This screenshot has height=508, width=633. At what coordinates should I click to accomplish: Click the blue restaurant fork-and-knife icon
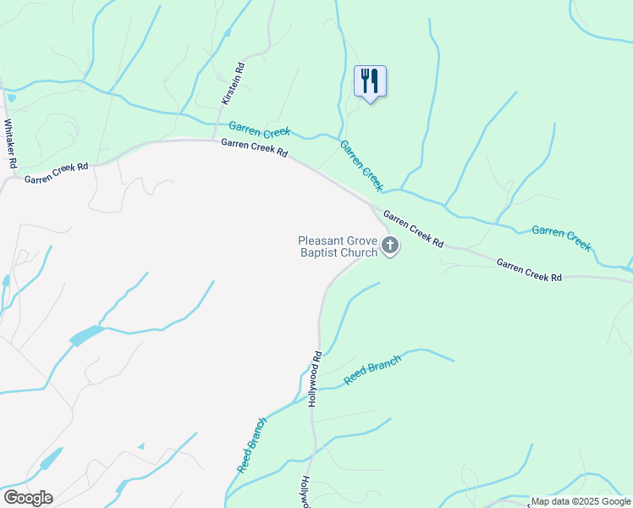pos(370,81)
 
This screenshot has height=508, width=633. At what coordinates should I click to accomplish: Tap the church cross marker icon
pos(390,246)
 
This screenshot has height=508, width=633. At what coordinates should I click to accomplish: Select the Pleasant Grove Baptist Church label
pos(338,246)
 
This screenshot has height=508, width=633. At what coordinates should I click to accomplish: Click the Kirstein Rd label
pos(233,84)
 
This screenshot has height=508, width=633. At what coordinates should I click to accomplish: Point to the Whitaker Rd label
pos(11,143)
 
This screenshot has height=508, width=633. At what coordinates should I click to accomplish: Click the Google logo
pos(28,498)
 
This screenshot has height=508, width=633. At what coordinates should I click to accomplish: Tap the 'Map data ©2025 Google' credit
pos(581,501)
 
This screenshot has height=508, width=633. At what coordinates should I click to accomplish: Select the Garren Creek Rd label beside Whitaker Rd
pos(56,173)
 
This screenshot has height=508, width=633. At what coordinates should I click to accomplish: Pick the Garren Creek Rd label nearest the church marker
pos(413,229)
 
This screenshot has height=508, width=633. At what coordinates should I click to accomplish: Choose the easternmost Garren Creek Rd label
pos(529,271)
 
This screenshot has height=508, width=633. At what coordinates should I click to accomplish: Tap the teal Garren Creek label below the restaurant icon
pos(362,165)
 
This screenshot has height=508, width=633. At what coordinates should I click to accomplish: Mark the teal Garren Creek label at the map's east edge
pos(560,237)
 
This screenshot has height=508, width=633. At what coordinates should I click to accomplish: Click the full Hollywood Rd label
pos(314,379)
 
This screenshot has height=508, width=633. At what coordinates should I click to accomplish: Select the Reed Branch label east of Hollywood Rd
pos(372,369)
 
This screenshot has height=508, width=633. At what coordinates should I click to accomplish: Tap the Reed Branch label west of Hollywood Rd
pos(252,444)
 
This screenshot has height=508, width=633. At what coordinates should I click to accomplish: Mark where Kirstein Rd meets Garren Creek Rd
pos(212,140)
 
